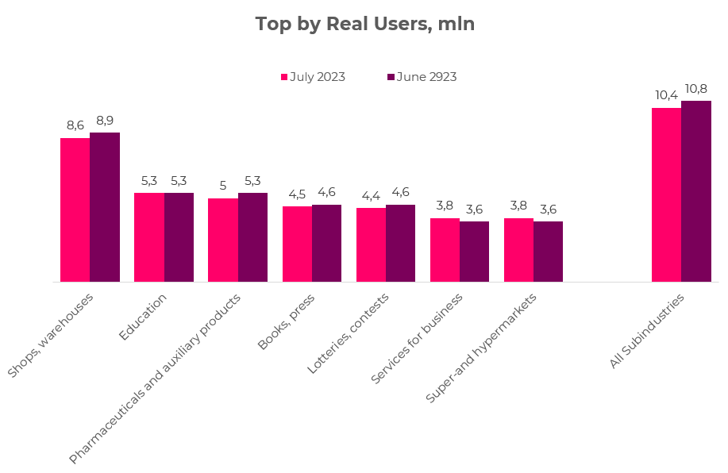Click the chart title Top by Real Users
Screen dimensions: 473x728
(364, 24)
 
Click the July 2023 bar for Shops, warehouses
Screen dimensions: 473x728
(75, 210)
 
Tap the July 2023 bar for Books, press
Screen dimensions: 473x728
(297, 244)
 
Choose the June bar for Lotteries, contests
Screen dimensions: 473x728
(400, 243)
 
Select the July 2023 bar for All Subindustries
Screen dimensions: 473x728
(666, 194)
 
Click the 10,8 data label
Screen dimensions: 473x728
(696, 89)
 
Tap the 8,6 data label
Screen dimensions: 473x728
(75, 125)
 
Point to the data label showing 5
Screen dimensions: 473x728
(223, 186)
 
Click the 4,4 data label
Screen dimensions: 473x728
(371, 195)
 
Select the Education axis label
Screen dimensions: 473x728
(144, 317)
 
